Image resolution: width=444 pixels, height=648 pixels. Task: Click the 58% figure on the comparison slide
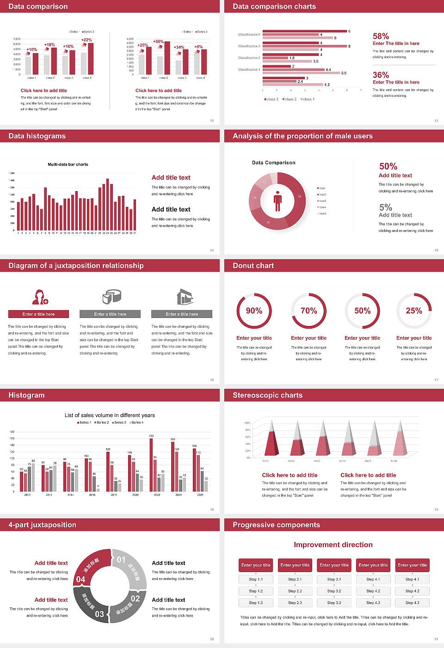(x=381, y=36)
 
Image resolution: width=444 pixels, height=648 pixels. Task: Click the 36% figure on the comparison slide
(x=381, y=75)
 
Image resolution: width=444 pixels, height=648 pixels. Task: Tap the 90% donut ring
(x=254, y=311)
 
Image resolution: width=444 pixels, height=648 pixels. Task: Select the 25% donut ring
(x=414, y=311)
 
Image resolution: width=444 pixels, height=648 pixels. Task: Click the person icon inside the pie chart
(x=277, y=201)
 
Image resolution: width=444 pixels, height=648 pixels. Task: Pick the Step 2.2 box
(x=295, y=591)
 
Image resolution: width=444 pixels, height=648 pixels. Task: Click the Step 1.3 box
(x=256, y=603)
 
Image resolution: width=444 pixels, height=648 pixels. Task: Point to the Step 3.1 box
(x=334, y=579)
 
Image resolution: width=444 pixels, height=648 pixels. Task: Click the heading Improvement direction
(x=333, y=545)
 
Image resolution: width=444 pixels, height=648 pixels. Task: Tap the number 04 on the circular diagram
(x=81, y=579)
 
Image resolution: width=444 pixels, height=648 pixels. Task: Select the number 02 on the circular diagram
(x=135, y=598)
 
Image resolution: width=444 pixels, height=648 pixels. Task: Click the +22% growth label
(x=86, y=40)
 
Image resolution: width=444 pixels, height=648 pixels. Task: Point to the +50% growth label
(x=158, y=42)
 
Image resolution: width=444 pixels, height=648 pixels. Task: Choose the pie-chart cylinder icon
(x=111, y=297)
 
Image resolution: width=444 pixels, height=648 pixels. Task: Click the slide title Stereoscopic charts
(x=267, y=395)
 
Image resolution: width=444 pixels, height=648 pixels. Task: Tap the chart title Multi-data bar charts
(x=68, y=164)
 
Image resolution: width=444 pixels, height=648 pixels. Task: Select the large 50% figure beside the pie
(x=388, y=166)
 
